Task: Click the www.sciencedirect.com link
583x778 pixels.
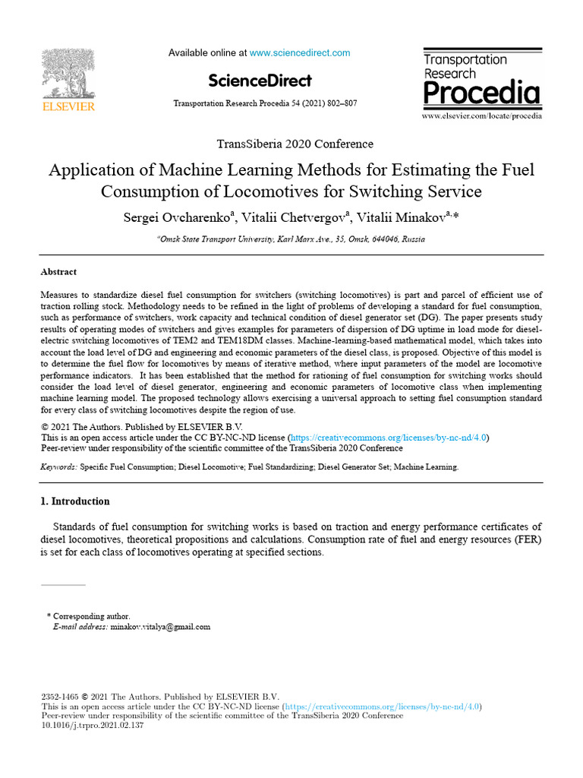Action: pos(300,53)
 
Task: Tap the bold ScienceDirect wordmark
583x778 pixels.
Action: pos(260,81)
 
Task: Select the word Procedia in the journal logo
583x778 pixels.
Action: pos(481,93)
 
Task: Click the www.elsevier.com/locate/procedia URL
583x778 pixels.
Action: pos(481,116)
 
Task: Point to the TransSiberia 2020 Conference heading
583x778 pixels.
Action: pos(295,144)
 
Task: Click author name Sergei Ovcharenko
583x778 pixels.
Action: pos(179,217)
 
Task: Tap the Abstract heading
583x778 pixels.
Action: pos(58,272)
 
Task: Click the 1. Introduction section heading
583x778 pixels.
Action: pos(74,501)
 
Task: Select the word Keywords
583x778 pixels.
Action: pos(58,467)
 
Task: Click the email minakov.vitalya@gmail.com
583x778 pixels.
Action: pos(160,627)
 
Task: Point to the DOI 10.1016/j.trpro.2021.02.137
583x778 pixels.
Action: pos(92,726)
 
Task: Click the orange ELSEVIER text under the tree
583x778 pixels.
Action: pos(68,107)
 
